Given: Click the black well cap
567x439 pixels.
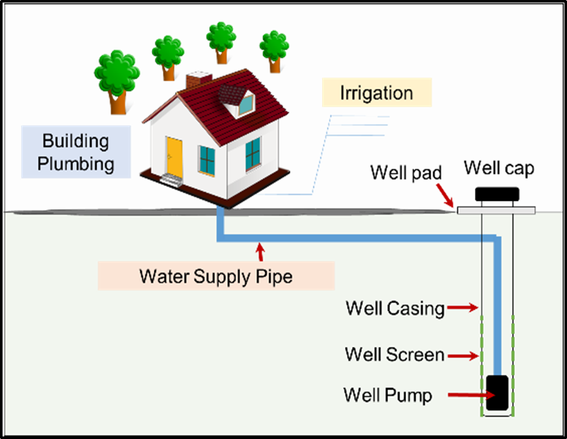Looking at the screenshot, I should pos(497,193).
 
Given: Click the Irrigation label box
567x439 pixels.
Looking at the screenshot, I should pos(376,93).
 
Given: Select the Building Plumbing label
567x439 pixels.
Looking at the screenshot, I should pos(75,152).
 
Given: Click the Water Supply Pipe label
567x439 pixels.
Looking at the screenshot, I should pos(216,276).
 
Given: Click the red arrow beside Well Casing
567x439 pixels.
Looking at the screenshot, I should pos(461,308).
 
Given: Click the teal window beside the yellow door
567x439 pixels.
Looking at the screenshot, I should pos(207,160).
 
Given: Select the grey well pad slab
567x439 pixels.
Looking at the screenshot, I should pos(496,210).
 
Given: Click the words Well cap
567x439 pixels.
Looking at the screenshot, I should pos(499,169).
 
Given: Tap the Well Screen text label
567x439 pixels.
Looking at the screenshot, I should pos(394,355).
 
